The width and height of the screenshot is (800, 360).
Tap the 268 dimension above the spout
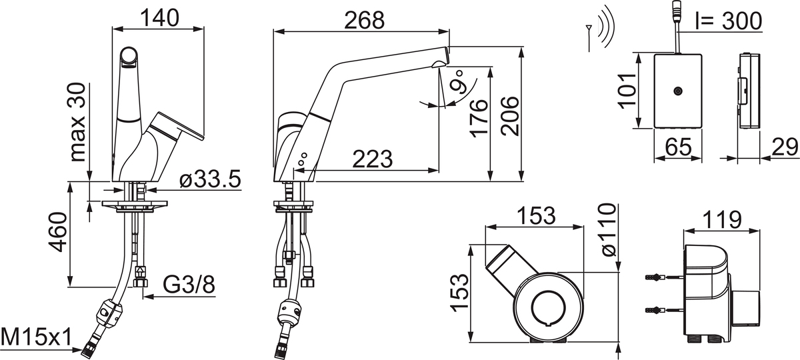(364, 20)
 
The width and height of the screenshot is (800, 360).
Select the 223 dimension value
(373, 159)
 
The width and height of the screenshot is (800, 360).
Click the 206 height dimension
(509, 116)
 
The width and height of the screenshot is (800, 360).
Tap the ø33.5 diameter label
(211, 179)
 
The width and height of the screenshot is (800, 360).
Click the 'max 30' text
(77, 122)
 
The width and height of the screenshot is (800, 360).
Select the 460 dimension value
(58, 232)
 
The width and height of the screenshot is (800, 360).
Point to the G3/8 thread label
(189, 285)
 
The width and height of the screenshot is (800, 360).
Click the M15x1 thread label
(36, 337)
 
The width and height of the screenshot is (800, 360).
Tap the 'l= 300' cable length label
(729, 21)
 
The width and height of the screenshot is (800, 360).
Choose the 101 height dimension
(627, 91)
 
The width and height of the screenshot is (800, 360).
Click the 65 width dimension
(679, 147)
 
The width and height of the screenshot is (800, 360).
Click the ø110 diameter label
(609, 229)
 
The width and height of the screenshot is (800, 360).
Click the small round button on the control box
(677, 91)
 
